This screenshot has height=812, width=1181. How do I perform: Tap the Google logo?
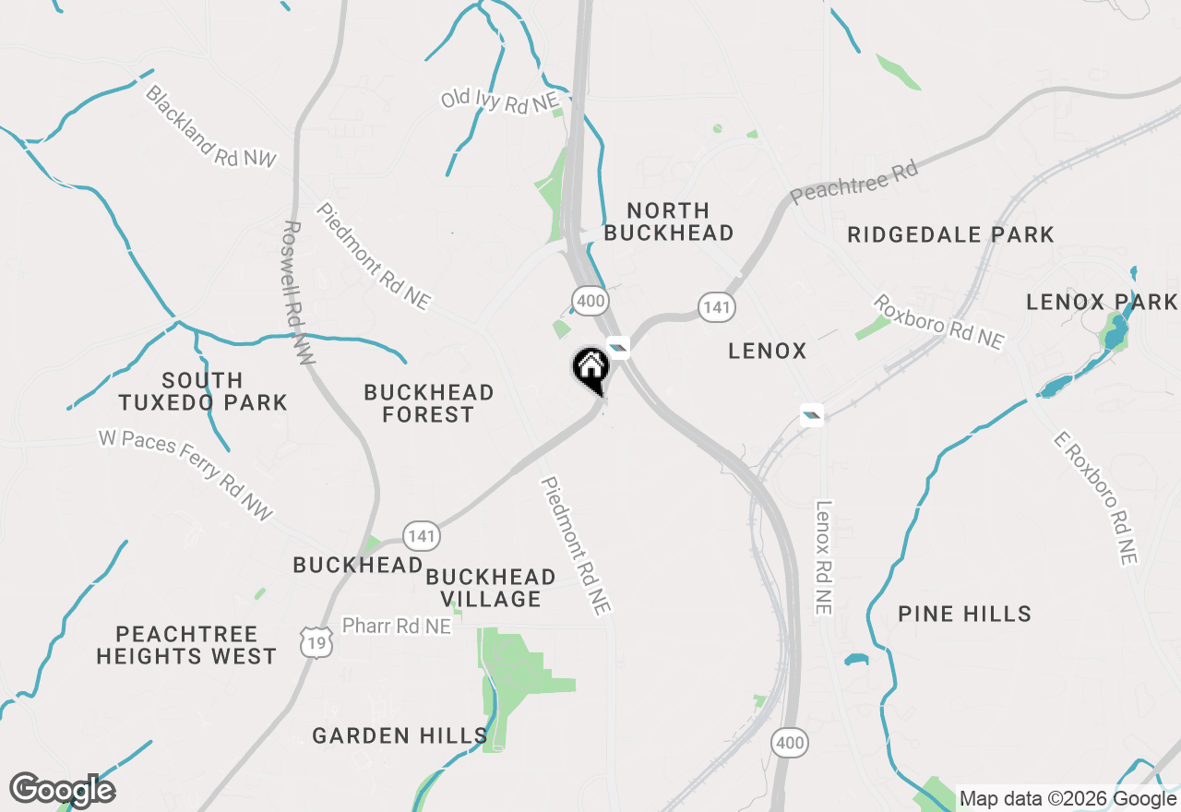(62, 790)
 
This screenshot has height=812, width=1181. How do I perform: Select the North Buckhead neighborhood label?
(669, 221)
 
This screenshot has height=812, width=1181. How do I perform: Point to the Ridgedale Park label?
(950, 234)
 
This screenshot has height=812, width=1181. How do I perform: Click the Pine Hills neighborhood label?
(964, 614)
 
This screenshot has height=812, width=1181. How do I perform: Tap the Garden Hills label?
(400, 735)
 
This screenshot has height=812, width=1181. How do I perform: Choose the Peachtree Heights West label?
(186, 645)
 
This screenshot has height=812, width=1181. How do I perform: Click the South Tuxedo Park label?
(203, 391)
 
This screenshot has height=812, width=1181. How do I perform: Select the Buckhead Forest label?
(429, 403)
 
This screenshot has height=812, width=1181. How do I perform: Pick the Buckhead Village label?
(491, 588)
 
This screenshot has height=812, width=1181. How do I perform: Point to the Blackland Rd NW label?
(210, 126)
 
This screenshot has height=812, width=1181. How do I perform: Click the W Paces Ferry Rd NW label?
(186, 475)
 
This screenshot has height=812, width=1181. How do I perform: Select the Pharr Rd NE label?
(397, 626)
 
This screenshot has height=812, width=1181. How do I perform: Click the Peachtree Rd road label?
(854, 182)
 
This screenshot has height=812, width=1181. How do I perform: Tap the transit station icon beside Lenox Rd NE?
(812, 414)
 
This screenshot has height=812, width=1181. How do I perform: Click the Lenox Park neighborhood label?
(1102, 302)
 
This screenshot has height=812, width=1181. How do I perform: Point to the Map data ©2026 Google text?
(1068, 798)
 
